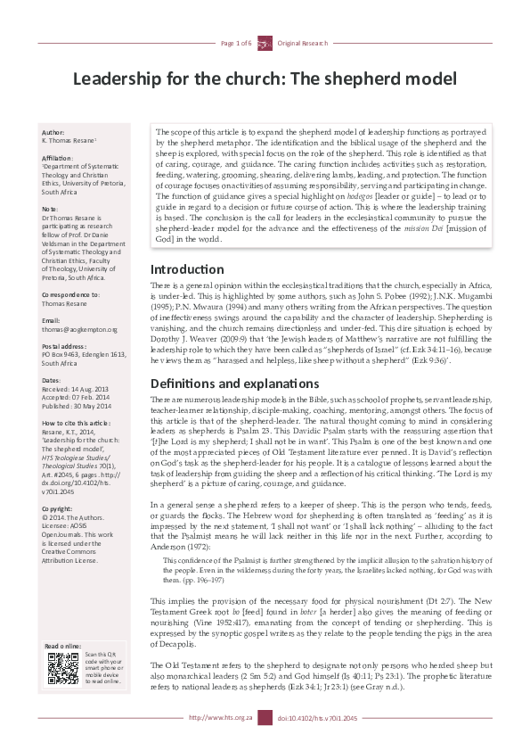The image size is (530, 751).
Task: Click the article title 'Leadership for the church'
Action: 265,79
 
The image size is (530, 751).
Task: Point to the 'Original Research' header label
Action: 303,43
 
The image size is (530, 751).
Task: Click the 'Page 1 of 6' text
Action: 236,43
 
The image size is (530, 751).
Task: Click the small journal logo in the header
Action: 265,43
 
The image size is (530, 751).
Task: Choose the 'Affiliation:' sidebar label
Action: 58,157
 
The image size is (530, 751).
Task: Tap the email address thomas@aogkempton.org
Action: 79,329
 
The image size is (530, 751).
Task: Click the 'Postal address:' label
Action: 65,345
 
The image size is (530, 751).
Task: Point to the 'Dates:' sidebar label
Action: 52,380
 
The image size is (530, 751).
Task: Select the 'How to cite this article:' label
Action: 77,423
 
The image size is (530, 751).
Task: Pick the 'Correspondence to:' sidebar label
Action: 71,294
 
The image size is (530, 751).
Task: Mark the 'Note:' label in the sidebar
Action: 50,208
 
